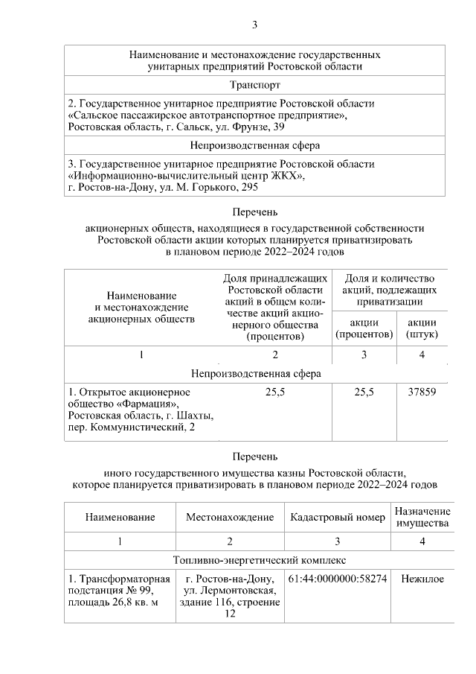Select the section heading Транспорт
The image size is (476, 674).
255,86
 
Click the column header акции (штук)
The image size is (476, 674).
422,328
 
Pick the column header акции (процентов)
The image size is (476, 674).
364,328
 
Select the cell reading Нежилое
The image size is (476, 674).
422,578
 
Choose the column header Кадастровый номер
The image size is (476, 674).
337,517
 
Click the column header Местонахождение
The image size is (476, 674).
230,517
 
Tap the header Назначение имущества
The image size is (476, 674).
422,517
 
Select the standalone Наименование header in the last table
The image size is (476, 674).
120,517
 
